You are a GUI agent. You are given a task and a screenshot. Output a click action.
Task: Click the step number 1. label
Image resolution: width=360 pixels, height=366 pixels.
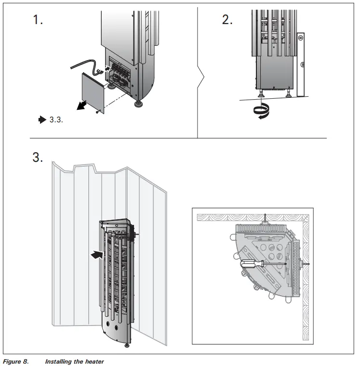point(38,20)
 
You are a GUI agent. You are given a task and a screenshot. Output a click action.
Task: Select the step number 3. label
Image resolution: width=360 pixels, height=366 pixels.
point(38,157)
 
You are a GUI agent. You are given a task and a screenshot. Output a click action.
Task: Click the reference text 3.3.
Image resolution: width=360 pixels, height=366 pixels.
point(56,118)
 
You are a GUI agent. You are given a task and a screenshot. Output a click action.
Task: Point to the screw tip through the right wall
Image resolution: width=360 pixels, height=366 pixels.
point(307,264)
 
